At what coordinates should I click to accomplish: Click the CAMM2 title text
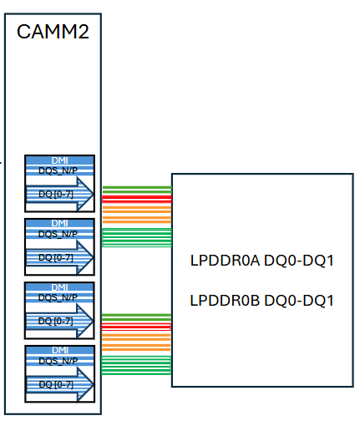(x=53, y=33)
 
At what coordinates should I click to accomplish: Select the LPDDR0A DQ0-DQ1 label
(x=262, y=261)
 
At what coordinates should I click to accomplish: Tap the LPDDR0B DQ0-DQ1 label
(x=262, y=300)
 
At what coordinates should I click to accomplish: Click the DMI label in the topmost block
(x=59, y=160)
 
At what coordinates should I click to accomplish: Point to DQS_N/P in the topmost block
(x=58, y=170)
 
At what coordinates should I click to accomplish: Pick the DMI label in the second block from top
(x=59, y=224)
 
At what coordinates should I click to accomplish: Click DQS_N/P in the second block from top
(x=58, y=234)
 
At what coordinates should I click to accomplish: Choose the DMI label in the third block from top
(x=59, y=287)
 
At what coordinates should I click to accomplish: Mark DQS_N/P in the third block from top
(x=58, y=297)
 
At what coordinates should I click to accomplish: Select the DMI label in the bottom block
(x=59, y=350)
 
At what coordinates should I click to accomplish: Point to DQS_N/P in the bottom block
(x=58, y=360)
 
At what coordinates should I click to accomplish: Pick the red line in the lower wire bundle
(x=136, y=326)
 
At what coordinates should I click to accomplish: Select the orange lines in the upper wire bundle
(x=136, y=216)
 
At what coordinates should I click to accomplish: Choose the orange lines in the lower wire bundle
(x=136, y=342)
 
